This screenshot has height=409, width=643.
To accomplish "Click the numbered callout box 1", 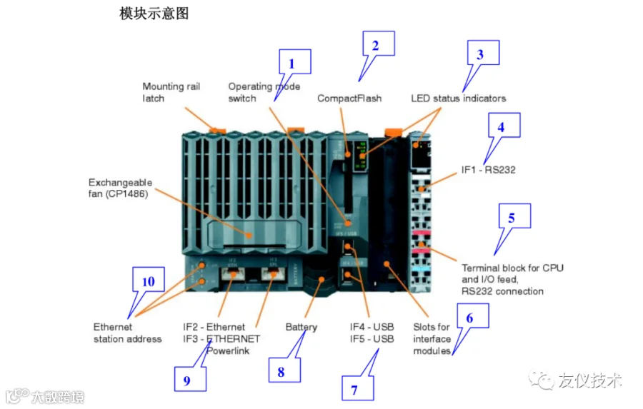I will pyautogui.click(x=294, y=63).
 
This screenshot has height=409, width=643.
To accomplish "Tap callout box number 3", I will pyautogui.click(x=483, y=54).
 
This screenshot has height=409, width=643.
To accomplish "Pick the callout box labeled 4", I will pyautogui.click(x=504, y=126).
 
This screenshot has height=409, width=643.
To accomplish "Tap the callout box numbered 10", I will pyautogui.click(x=149, y=281).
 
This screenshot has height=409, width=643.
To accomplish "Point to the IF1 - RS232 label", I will pyautogui.click(x=488, y=171).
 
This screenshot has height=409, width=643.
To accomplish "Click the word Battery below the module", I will pyautogui.click(x=301, y=327).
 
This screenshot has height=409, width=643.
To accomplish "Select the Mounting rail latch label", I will pyautogui.click(x=171, y=92).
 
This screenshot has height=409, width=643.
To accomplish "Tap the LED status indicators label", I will pyautogui.click(x=458, y=99).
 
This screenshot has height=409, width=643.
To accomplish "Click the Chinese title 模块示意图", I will pyautogui.click(x=154, y=14).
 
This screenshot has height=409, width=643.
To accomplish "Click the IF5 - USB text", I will pyautogui.click(x=372, y=338).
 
